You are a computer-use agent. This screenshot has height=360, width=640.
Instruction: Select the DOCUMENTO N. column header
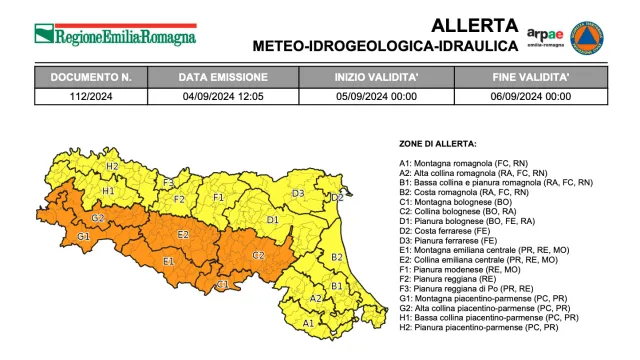click(91, 76)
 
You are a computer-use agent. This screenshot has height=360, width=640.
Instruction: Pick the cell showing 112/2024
click(91, 96)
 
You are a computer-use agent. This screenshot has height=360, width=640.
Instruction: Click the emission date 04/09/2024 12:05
click(223, 96)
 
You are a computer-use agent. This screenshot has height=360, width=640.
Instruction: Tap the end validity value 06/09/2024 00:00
click(532, 96)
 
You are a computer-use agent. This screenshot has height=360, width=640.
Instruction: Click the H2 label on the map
click(112, 166)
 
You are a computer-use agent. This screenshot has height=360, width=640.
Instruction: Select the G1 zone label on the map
click(83, 237)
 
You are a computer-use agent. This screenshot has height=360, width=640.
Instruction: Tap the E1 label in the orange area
click(168, 262)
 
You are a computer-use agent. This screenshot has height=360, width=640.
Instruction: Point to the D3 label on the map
click(298, 193)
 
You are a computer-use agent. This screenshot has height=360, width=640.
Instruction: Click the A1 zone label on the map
click(308, 323)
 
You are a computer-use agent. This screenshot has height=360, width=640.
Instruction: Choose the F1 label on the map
click(218, 198)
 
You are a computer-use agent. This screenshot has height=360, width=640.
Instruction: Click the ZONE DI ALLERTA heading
click(437, 144)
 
